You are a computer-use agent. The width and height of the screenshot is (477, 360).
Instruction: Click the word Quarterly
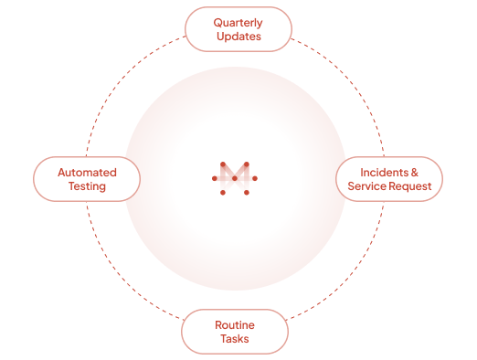(238, 23)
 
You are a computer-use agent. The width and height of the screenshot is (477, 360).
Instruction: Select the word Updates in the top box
(238, 37)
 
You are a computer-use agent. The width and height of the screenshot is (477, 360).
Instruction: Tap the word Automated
(87, 173)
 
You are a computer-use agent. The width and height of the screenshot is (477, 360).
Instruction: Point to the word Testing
(87, 186)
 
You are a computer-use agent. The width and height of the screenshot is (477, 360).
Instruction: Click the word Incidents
(385, 173)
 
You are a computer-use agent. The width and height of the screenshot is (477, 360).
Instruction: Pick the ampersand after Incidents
(415, 173)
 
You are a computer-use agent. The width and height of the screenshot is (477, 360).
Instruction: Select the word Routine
(235, 325)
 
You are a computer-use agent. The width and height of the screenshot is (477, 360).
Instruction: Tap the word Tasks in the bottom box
(235, 339)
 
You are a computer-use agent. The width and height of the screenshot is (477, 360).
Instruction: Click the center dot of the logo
(235, 178)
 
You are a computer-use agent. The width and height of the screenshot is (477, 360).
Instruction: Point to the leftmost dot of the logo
(215, 178)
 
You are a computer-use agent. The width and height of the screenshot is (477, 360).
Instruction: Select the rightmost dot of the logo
(255, 178)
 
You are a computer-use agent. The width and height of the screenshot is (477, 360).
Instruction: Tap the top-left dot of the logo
(223, 164)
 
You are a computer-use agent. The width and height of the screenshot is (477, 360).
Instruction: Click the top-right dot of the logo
(247, 164)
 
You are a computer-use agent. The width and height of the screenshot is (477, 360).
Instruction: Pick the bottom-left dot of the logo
(223, 193)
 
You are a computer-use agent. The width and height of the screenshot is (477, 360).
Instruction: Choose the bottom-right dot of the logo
(247, 193)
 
